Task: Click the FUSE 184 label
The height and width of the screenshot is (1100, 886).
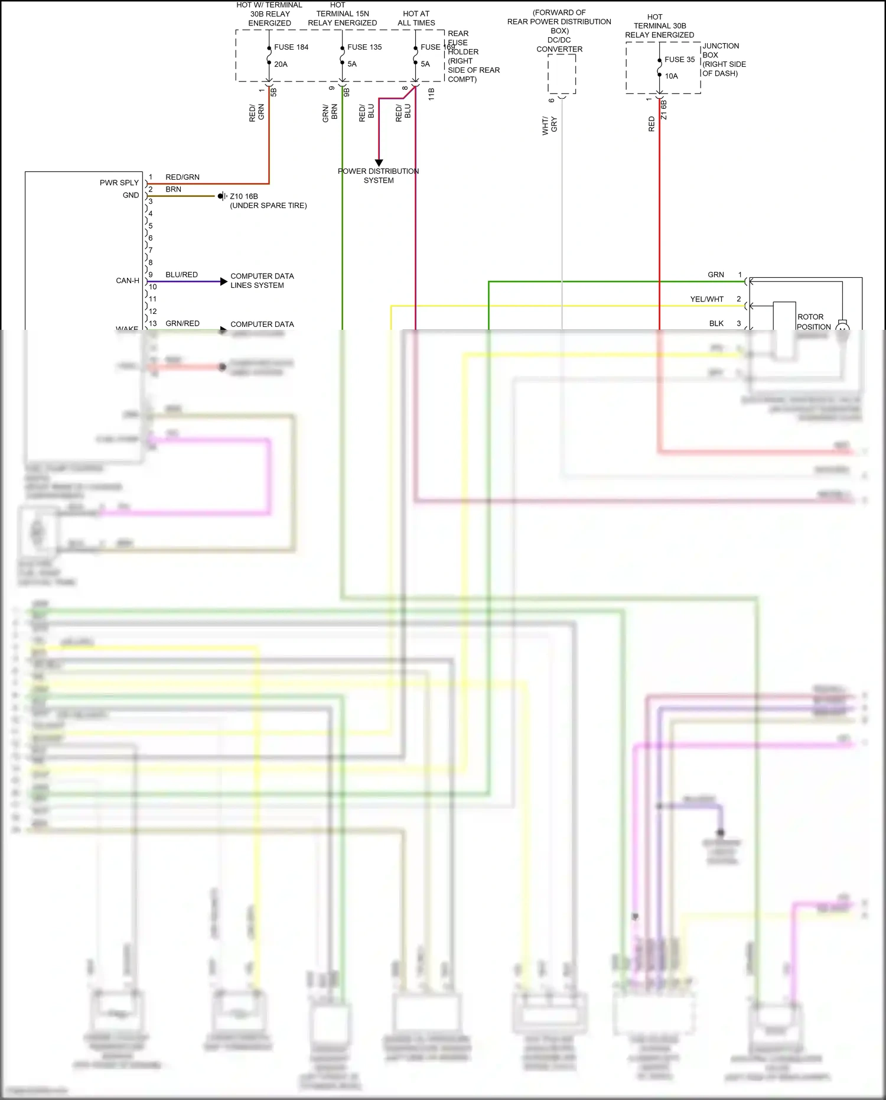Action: click(291, 47)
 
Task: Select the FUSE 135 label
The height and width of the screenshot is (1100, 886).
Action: click(364, 47)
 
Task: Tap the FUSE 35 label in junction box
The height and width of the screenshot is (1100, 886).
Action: click(679, 60)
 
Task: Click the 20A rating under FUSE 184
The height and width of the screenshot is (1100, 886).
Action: click(281, 64)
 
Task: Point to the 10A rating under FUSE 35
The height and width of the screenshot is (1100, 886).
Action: click(671, 76)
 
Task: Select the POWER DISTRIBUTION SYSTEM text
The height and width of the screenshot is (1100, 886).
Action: click(379, 176)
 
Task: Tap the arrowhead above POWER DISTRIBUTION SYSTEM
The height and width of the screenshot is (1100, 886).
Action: click(379, 163)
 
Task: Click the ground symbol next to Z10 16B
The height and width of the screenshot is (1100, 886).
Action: click(222, 196)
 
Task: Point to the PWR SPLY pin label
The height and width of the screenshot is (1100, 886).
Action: click(119, 183)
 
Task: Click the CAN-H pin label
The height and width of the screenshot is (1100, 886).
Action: click(128, 281)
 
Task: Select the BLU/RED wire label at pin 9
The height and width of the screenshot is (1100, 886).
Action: click(181, 275)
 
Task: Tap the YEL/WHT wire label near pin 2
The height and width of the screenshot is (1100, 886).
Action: click(706, 299)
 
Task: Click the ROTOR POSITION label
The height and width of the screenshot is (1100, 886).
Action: click(813, 322)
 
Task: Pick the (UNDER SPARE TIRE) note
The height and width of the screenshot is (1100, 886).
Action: click(268, 206)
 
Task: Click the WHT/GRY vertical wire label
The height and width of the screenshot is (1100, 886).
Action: click(549, 125)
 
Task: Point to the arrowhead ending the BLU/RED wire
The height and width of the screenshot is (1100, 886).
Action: click(223, 282)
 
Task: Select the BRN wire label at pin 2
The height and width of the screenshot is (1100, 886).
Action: click(173, 190)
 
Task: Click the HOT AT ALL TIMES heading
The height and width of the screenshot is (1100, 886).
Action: click(416, 18)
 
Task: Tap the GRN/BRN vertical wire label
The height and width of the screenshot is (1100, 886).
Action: click(330, 113)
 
